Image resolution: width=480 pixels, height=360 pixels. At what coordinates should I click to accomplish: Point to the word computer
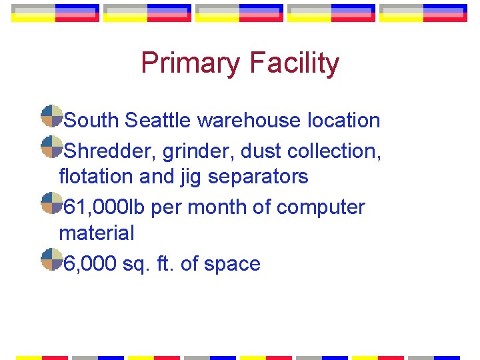pyautogui.click(x=321, y=208)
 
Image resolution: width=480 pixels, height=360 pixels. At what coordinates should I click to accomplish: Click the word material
pyautogui.click(x=97, y=233)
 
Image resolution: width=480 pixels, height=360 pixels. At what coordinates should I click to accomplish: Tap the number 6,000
pyautogui.click(x=91, y=264)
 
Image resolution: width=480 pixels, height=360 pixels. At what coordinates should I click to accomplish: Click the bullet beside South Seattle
pyautogui.click(x=51, y=116)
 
